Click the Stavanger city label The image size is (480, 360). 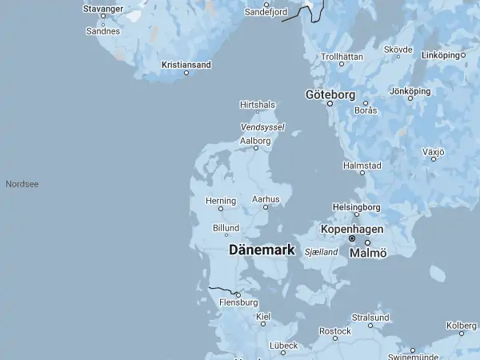[x=102, y=10]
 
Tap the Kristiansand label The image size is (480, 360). [x=186, y=64]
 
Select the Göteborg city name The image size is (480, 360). [x=330, y=94]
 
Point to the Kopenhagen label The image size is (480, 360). [x=351, y=229]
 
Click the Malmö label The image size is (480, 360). [x=368, y=253]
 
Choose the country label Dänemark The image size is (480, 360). [x=262, y=250]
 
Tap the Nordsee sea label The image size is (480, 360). [x=22, y=184]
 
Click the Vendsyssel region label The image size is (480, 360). [x=262, y=126]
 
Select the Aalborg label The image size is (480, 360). [x=256, y=140]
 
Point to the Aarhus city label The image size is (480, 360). [x=266, y=198]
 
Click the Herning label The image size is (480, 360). [x=221, y=200]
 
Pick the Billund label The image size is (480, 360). [x=226, y=228]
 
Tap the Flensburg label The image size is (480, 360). [x=238, y=302]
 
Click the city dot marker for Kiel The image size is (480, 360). [x=263, y=324]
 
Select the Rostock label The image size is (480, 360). [x=335, y=330]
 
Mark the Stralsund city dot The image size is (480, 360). [x=370, y=325]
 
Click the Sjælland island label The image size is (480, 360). [x=322, y=252]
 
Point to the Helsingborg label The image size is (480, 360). [x=357, y=206]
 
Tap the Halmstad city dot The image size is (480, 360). [x=362, y=172]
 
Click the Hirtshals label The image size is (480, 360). [x=258, y=104]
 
